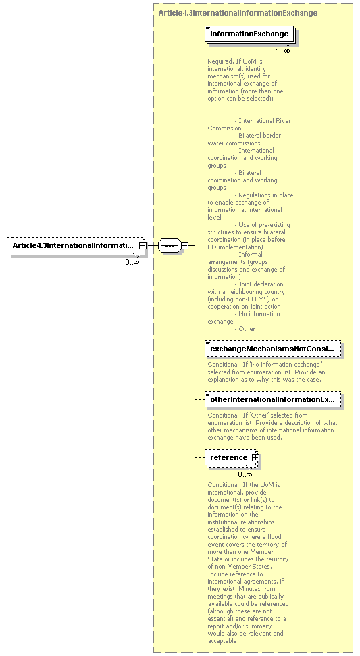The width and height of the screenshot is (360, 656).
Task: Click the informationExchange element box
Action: coord(249,34)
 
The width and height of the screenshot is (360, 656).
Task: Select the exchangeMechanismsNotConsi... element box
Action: coord(272,349)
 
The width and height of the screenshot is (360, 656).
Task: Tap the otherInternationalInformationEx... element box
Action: coord(272,399)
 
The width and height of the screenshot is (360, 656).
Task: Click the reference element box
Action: coord(229,457)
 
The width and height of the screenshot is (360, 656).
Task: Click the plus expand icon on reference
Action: coord(255,457)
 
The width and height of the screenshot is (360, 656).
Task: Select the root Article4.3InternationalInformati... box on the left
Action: coord(74,245)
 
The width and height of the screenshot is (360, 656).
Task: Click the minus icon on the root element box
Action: coord(143,245)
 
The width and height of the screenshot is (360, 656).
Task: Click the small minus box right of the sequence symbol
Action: coord(184,245)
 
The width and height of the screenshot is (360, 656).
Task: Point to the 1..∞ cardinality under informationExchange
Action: coord(282,51)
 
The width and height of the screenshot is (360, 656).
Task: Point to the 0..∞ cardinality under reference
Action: coord(245,474)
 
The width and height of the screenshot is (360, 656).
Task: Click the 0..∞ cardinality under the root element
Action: coord(132,262)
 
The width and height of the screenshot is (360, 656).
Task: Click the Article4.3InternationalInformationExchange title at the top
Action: coord(237,13)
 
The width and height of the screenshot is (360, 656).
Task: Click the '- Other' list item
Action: coord(245,329)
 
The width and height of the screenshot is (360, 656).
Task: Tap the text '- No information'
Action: coord(257,314)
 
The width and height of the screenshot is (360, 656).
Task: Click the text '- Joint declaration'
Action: coord(259,284)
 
